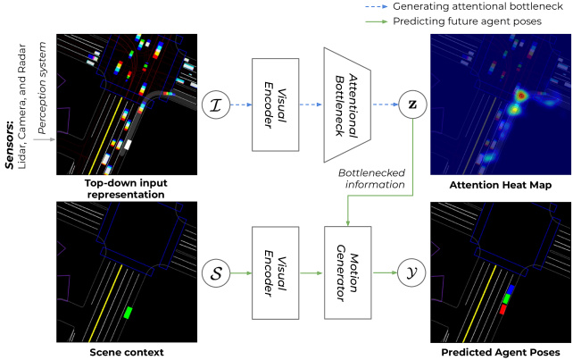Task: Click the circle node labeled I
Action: click(215, 104)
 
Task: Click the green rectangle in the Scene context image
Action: click(129, 313)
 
